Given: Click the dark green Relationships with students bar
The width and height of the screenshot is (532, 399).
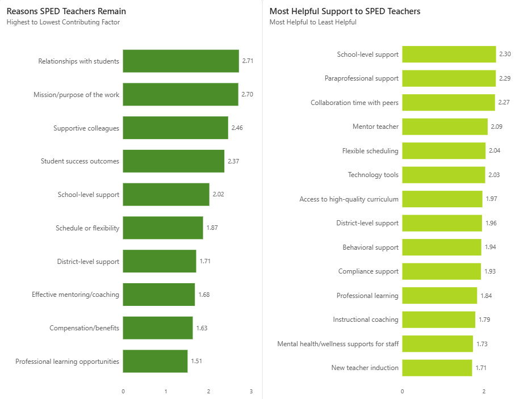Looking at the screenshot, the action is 181,61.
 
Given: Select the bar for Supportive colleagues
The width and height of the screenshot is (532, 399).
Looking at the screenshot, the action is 175,128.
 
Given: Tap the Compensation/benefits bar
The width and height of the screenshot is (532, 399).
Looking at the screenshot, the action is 158,327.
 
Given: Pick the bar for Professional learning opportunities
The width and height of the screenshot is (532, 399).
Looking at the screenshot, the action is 155,362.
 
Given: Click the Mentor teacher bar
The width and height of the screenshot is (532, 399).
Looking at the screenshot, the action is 445,127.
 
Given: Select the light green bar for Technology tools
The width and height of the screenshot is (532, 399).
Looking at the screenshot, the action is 444,175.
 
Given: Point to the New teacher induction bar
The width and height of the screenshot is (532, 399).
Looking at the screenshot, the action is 437,368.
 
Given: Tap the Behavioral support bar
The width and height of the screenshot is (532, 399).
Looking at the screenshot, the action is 442,247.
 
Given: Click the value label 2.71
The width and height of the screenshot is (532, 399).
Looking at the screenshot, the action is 248,61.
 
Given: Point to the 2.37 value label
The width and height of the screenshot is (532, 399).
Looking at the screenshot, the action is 233,161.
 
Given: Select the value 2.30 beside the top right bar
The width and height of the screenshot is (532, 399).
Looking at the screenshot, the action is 505,54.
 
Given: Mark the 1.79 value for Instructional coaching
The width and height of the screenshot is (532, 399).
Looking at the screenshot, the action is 484,320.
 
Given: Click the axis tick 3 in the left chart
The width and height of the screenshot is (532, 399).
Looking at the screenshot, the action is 251,391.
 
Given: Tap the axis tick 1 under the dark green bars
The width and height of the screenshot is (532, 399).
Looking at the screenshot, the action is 166,391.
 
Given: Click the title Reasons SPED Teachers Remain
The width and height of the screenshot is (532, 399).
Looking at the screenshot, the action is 66,11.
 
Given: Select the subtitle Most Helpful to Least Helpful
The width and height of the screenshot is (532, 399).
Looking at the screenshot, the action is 313,22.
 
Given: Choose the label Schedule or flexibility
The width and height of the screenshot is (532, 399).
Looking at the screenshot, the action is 87,228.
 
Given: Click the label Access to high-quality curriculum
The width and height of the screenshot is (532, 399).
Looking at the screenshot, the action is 349,199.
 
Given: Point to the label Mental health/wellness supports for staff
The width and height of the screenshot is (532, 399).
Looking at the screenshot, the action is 338,344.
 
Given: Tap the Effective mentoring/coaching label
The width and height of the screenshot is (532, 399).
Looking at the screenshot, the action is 76,295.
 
